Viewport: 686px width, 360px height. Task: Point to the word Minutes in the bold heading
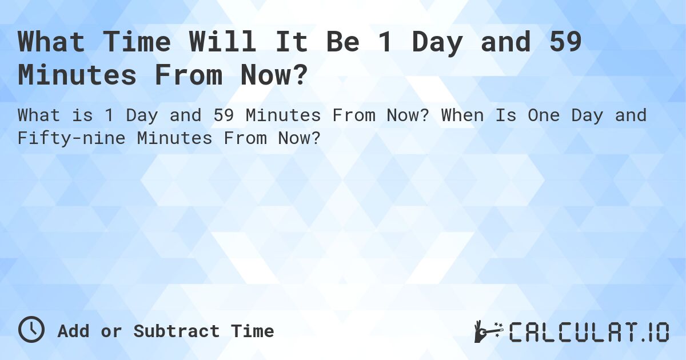coord(77,75)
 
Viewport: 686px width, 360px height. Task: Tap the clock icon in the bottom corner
coord(31,330)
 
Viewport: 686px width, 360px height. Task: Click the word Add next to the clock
coord(73,331)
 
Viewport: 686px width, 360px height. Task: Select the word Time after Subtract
coord(252,331)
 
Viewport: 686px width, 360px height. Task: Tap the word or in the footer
coord(111,331)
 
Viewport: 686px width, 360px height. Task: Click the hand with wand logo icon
coord(488,331)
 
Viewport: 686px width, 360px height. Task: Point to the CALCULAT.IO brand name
coord(589,331)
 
